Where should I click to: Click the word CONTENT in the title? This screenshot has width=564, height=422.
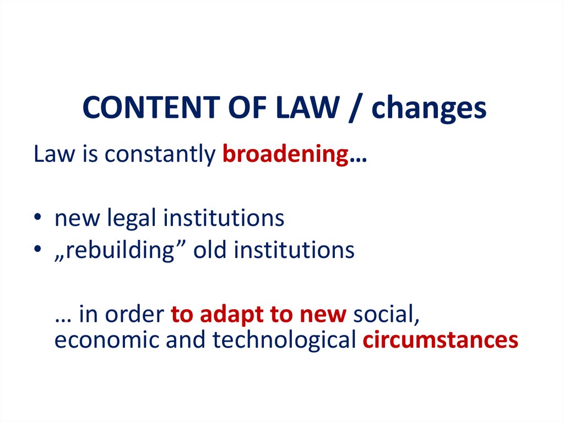click(x=151, y=107)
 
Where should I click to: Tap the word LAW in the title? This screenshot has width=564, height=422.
click(x=307, y=107)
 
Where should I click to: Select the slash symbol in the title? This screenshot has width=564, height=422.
click(x=355, y=108)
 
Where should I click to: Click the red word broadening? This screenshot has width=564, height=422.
click(x=286, y=154)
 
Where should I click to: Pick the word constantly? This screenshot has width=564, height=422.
click(x=160, y=155)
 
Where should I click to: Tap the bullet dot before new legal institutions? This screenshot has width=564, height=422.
click(x=37, y=217)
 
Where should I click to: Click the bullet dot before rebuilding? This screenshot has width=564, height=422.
click(x=37, y=249)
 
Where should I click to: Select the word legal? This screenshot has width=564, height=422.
click(x=131, y=218)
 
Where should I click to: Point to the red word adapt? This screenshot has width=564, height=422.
click(x=232, y=315)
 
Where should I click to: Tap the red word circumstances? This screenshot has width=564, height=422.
click(x=440, y=339)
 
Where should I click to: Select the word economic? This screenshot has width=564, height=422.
click(x=107, y=340)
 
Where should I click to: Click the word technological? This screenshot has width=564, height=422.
click(x=284, y=341)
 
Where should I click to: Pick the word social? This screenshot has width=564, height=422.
click(x=386, y=314)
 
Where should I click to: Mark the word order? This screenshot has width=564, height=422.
click(x=134, y=314)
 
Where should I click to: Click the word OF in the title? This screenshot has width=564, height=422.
click(x=247, y=107)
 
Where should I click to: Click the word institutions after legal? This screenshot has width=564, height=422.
click(x=224, y=218)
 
